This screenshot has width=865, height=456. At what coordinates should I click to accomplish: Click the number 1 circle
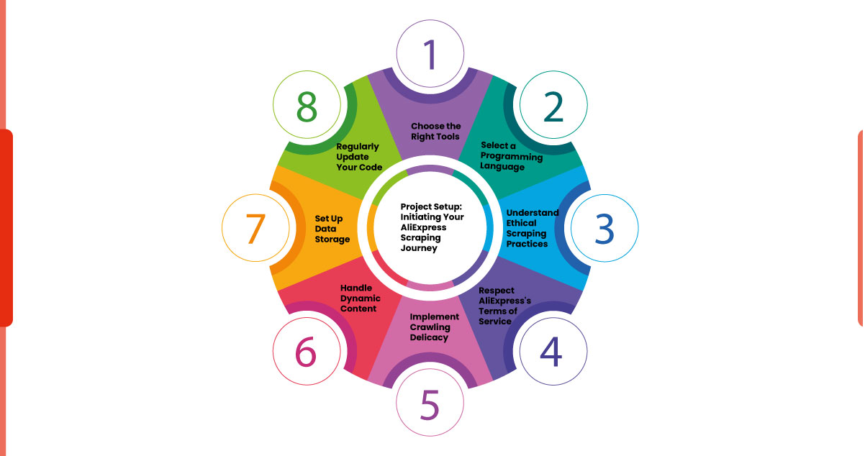point(430,54)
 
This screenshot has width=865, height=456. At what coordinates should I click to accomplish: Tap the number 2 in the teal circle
point(553,106)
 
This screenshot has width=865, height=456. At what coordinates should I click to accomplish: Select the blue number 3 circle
point(604,228)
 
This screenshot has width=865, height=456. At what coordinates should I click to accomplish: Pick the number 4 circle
point(553,350)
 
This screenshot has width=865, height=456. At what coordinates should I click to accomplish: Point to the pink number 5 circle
point(430,404)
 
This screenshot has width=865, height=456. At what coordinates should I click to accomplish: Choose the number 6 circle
point(306,352)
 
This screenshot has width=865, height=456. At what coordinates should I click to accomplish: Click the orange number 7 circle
point(256,229)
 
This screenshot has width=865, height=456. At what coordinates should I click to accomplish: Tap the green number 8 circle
point(306,106)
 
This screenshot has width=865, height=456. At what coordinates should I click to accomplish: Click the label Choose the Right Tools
point(435,132)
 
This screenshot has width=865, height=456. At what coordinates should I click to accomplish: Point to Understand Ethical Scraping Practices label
point(531,228)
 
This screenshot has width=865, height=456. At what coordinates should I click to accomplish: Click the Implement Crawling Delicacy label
point(434,327)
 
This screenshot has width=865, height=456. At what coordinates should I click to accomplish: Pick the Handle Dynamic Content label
point(361,298)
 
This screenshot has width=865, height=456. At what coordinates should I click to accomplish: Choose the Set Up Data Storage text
point(332,228)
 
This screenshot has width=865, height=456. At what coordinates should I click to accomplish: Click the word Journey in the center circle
point(419,247)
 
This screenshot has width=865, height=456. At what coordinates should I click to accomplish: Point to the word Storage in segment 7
point(332,239)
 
